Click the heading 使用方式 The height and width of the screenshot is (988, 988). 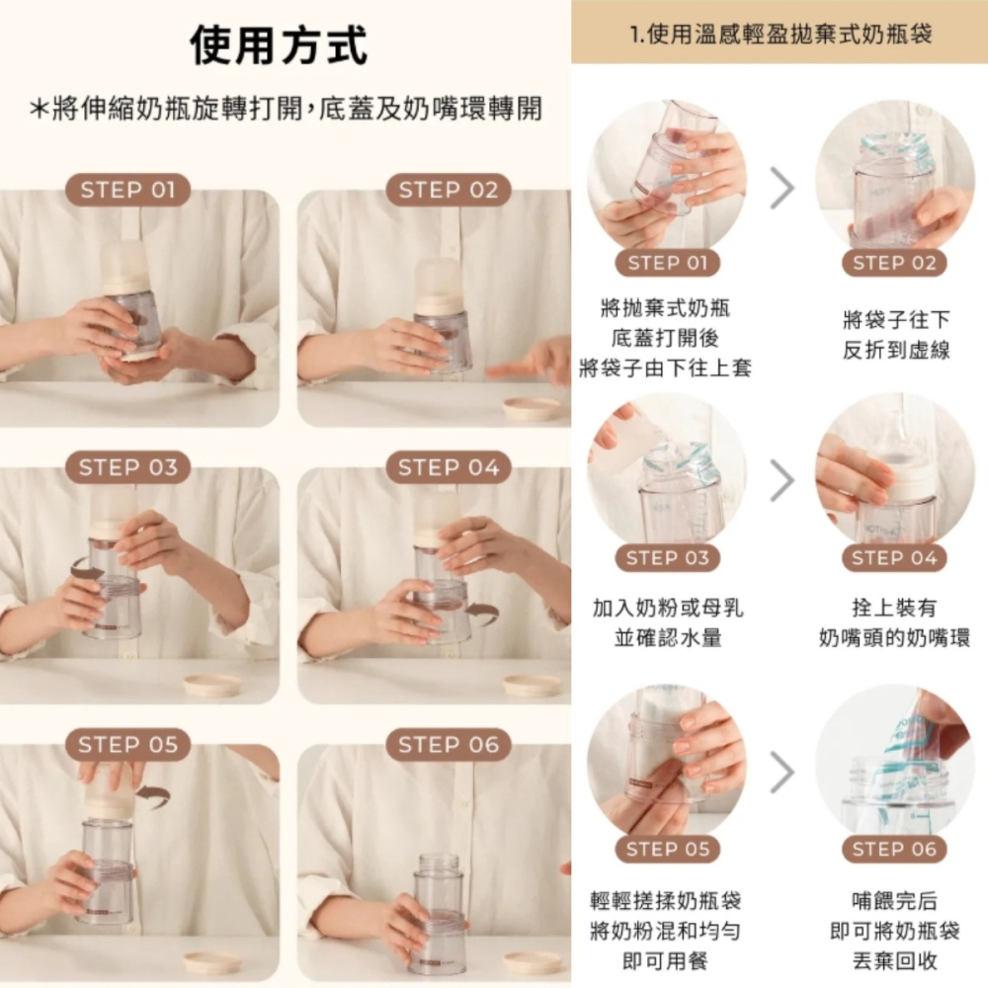pyautogui.click(x=278, y=45)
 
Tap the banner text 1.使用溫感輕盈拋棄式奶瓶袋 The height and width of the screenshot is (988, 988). pyautogui.click(x=781, y=34)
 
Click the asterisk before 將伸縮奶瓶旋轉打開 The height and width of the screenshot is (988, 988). pyautogui.click(x=40, y=109)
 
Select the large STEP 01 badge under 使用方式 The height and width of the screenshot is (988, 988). pyautogui.click(x=127, y=190)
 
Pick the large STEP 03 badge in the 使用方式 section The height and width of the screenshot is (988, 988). pyautogui.click(x=127, y=467)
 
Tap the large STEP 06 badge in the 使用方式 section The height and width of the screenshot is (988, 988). pyautogui.click(x=448, y=745)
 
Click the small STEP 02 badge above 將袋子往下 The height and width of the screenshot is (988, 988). pyautogui.click(x=894, y=263)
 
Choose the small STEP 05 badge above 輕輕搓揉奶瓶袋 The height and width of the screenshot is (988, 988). pyautogui.click(x=667, y=849)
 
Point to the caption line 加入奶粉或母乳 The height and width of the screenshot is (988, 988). pyautogui.click(x=667, y=608)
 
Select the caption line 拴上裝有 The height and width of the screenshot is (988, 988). pyautogui.click(x=895, y=608)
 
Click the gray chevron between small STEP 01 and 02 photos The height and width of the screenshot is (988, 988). pyautogui.click(x=782, y=188)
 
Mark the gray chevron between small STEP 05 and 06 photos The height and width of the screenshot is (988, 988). pyautogui.click(x=782, y=772)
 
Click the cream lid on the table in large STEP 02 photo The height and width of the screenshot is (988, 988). pyautogui.click(x=533, y=408)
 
